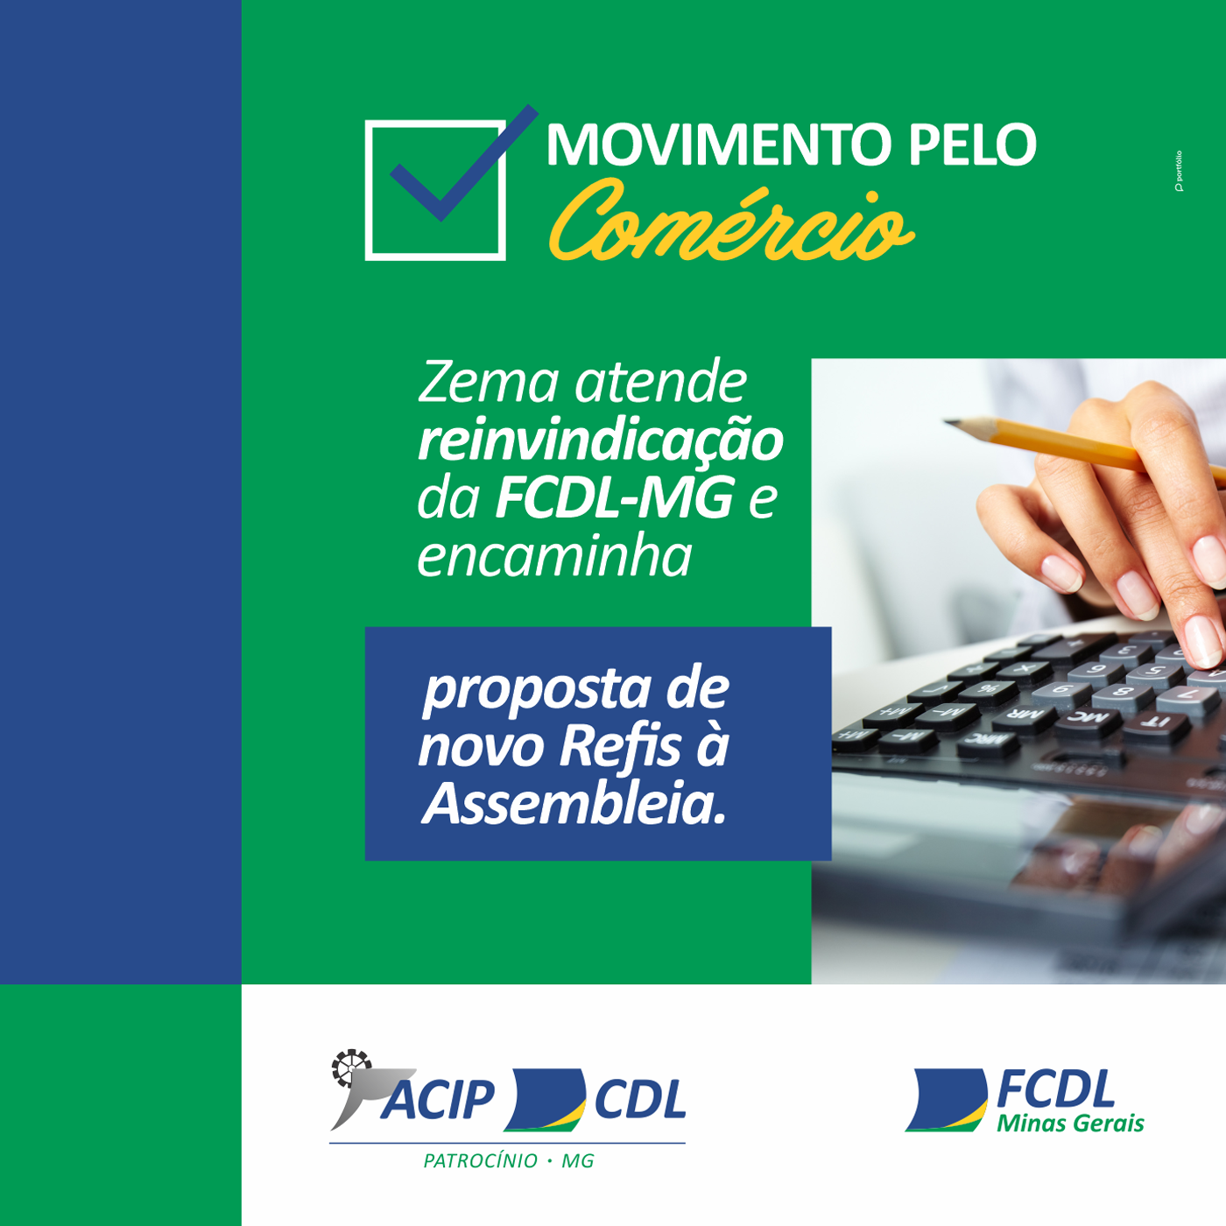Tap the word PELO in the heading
(x=971, y=144)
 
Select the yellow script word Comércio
(x=730, y=224)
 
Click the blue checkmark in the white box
(x=455, y=171)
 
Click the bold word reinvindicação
(x=600, y=440)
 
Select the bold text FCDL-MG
(x=615, y=498)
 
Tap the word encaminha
(x=554, y=556)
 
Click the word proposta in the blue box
(x=537, y=689)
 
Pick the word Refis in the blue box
(x=620, y=746)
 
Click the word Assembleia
(x=574, y=804)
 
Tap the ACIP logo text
(x=438, y=1100)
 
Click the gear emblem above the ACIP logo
(x=350, y=1067)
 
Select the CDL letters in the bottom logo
(x=640, y=1100)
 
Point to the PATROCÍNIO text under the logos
(x=481, y=1161)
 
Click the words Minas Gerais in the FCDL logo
(x=1070, y=1124)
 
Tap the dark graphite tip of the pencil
(x=950, y=423)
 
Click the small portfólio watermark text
(x=1179, y=171)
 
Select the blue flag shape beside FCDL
(x=947, y=1099)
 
